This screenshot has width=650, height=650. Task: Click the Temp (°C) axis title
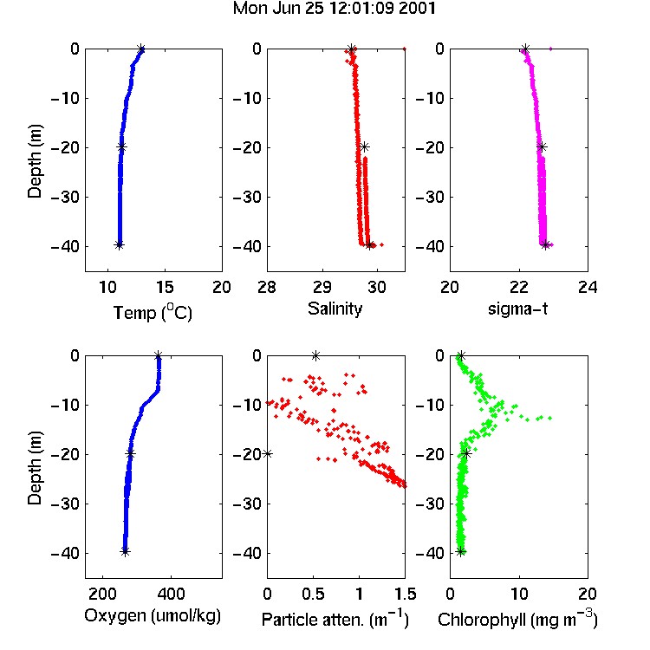point(153,312)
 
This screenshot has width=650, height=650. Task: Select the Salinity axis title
point(335,309)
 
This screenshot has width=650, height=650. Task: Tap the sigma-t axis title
point(517,309)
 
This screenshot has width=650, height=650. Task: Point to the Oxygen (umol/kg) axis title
point(153,615)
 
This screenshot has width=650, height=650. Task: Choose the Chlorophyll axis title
point(517,619)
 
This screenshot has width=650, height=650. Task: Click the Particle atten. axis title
point(335,619)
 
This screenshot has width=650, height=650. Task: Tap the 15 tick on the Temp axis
point(165,287)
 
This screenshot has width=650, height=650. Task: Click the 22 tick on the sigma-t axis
point(518,287)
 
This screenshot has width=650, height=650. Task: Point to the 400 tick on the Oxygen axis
point(172,594)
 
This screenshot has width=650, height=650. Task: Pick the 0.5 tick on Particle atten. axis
point(313,594)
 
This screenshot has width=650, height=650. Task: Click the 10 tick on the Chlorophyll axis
point(519,594)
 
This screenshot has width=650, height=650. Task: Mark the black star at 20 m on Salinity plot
point(364,146)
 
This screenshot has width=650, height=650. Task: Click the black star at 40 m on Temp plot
point(119,245)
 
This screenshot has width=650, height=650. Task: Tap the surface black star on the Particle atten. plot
point(315,355)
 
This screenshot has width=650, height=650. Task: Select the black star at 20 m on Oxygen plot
point(131,453)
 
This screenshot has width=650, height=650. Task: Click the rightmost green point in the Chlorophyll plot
point(550,418)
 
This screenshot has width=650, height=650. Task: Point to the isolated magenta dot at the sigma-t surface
point(550,49)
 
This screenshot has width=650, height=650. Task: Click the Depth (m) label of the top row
point(35,161)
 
